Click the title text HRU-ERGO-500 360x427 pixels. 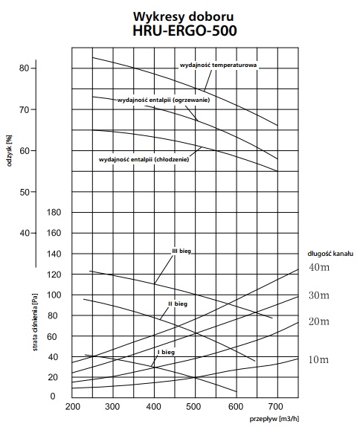click(x=184, y=30)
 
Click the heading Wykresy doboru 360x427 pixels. click(x=183, y=16)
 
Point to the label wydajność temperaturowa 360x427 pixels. click(x=218, y=65)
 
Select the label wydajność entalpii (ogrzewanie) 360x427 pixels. click(x=164, y=100)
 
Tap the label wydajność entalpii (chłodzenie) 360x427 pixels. click(x=144, y=159)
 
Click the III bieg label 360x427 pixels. click(x=181, y=251)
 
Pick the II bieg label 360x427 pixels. click(x=178, y=304)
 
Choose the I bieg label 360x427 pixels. click(x=166, y=352)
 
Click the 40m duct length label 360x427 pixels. click(x=319, y=267)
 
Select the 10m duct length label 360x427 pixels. click(x=318, y=360)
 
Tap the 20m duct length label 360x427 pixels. click(x=319, y=321)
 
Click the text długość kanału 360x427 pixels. click(x=330, y=254)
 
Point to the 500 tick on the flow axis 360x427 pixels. click(x=193, y=407)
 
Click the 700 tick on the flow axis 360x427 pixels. click(x=276, y=407)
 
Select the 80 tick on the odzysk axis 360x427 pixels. click(x=24, y=68)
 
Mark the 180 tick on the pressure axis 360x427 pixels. click(x=54, y=212)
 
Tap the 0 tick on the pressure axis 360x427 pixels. click(x=53, y=396)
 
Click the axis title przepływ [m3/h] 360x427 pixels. click(x=274, y=419)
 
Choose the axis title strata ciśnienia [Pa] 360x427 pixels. click(x=35, y=322)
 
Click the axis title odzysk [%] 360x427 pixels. click(x=9, y=151)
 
